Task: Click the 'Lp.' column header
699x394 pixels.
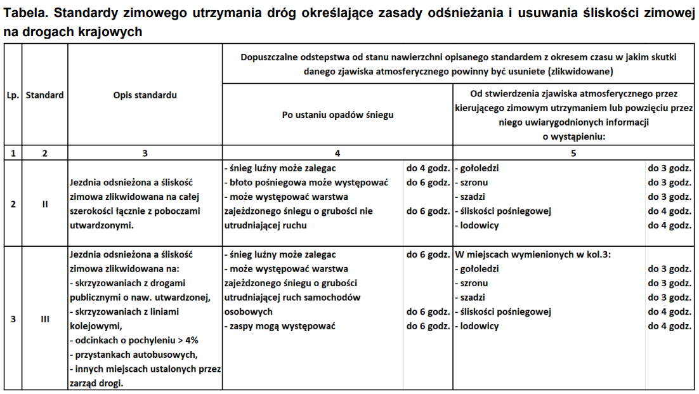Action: [x=13, y=95]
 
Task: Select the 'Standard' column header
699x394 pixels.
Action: [x=45, y=95]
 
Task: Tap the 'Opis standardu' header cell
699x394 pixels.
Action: [x=145, y=95]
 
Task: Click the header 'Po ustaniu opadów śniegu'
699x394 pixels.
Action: [x=337, y=115]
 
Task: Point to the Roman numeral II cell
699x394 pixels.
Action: [x=45, y=204]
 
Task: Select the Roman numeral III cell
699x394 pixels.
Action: [x=45, y=319]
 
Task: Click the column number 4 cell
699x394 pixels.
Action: [x=337, y=153]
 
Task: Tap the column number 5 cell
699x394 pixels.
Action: [x=573, y=153]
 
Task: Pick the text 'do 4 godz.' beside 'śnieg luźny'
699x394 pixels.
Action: [x=428, y=169]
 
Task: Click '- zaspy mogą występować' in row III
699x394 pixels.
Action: [x=280, y=326]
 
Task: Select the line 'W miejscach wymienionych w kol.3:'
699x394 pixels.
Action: [x=537, y=254]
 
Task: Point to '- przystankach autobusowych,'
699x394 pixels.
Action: [x=134, y=354]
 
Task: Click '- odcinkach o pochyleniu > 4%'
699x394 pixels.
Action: [x=134, y=340]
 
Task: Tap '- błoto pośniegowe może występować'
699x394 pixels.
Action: [x=306, y=183]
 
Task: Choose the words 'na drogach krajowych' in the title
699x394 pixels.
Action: [x=72, y=32]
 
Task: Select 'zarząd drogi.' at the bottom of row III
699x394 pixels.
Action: [x=96, y=383]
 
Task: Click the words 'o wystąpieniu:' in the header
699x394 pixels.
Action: [x=573, y=136]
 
